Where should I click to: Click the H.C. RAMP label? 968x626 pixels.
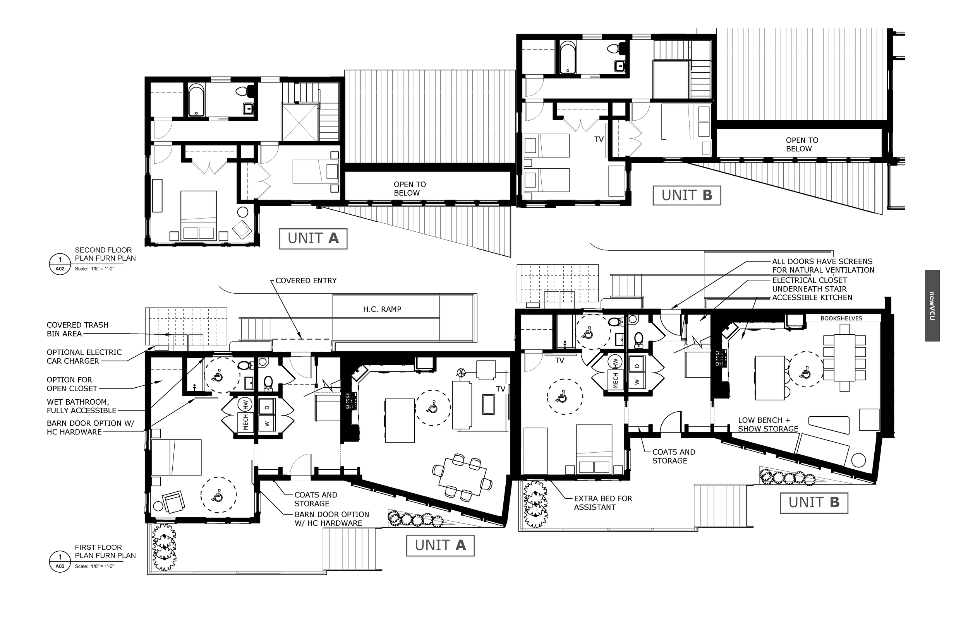382,310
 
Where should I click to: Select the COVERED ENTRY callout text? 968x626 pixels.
306,281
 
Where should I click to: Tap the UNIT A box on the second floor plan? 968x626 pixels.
313,239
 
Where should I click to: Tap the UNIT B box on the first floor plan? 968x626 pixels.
814,503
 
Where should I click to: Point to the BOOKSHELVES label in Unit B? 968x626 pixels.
841,319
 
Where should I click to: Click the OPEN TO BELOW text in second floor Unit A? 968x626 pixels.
409,189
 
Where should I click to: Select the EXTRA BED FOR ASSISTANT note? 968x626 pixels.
603,503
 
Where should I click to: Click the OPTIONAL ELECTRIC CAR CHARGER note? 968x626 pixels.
84,357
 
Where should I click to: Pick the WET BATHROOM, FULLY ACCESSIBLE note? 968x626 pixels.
81,407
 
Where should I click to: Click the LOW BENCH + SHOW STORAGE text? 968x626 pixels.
767,425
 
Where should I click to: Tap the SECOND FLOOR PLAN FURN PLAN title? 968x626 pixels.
105,254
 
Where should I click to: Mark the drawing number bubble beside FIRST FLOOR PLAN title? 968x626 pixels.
60,561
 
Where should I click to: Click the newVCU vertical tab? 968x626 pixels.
932,306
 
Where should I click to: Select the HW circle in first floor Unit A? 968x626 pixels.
245,405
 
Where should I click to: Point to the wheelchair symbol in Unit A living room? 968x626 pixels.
433,408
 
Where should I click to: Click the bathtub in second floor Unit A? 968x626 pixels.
196,100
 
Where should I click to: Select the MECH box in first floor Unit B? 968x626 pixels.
615,381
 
